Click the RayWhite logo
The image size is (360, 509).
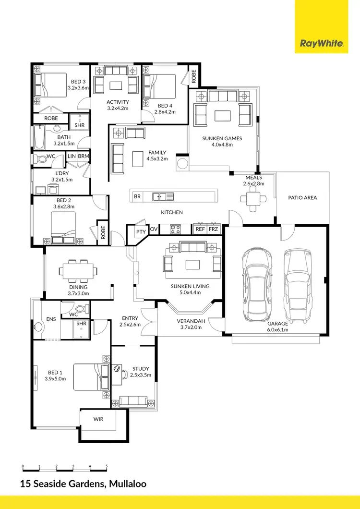(x=322, y=44)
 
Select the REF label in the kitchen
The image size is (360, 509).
(x=200, y=230)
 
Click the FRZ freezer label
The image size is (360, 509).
(x=213, y=230)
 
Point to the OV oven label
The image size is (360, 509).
(x=154, y=230)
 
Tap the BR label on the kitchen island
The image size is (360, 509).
(x=137, y=196)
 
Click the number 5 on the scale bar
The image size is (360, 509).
(x=107, y=466)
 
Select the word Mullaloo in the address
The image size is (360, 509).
(x=126, y=484)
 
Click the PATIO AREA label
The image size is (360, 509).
(x=302, y=197)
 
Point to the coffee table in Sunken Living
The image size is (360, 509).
(x=193, y=265)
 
